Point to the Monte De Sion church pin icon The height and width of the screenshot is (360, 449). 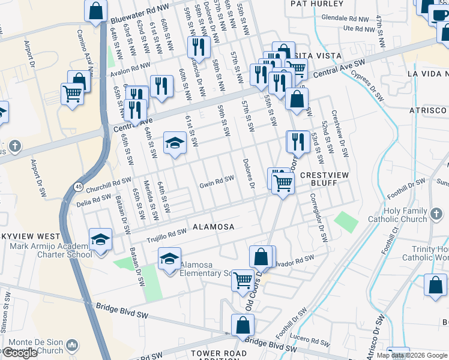coord(73,345)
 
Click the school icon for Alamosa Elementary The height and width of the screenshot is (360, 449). coord(170,259)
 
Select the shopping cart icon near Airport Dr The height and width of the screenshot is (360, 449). coord(72,93)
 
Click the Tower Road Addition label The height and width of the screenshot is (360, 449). coord(219,354)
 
